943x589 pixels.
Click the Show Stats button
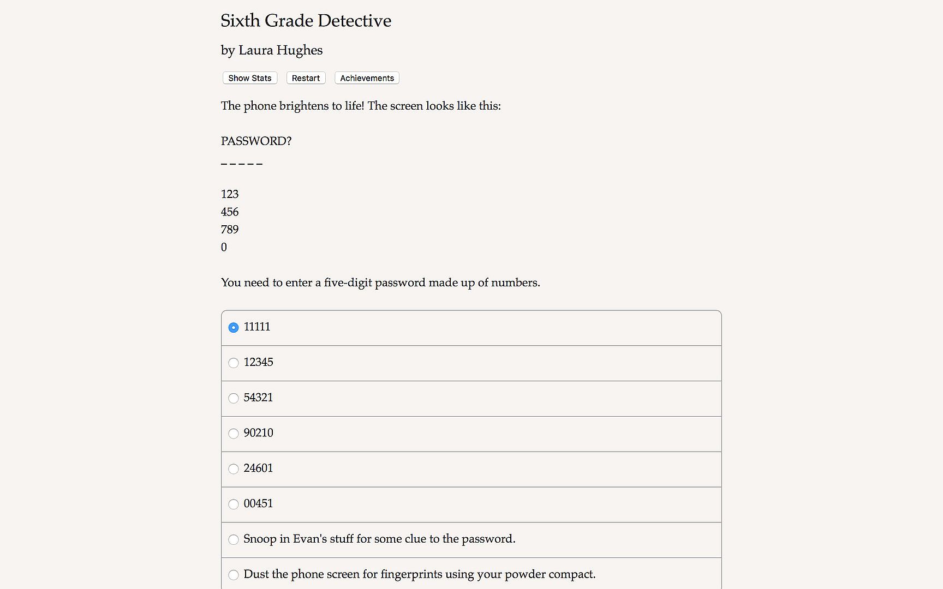[x=250, y=78]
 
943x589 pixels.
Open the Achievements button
[x=367, y=78]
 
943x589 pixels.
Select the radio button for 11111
[x=234, y=328]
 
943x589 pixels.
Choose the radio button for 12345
[x=234, y=363]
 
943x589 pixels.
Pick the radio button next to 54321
[x=234, y=398]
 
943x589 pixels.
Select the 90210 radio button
[x=234, y=434]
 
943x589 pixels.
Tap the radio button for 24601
[x=234, y=469]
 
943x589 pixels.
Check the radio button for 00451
[x=234, y=504]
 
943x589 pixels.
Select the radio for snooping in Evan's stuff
[x=234, y=540]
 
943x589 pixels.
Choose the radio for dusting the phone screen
[x=234, y=575]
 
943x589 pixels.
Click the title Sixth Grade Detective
[x=306, y=21]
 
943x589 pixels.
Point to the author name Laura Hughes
[x=280, y=50]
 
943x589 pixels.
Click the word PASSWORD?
[x=256, y=141]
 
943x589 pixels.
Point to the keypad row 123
[x=230, y=194]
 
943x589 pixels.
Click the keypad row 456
[x=230, y=212]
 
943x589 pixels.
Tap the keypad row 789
[x=230, y=230]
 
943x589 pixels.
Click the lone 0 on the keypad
[x=224, y=247]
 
